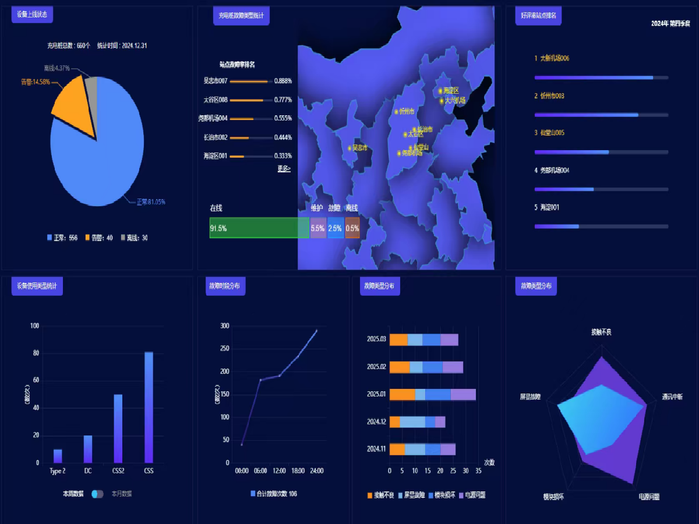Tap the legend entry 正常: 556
[62, 238]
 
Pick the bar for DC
[88, 449]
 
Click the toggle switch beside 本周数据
[97, 494]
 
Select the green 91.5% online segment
[259, 228]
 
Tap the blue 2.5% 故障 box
[335, 228]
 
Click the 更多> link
[284, 168]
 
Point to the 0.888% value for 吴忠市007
[283, 81]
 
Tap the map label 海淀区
[450, 91]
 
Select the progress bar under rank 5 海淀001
[601, 226]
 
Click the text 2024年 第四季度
[670, 24]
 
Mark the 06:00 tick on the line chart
[260, 470]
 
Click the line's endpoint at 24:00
[316, 331]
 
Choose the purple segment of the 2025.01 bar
[463, 394]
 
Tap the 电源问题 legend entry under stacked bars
[472, 495]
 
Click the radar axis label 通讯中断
[672, 396]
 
